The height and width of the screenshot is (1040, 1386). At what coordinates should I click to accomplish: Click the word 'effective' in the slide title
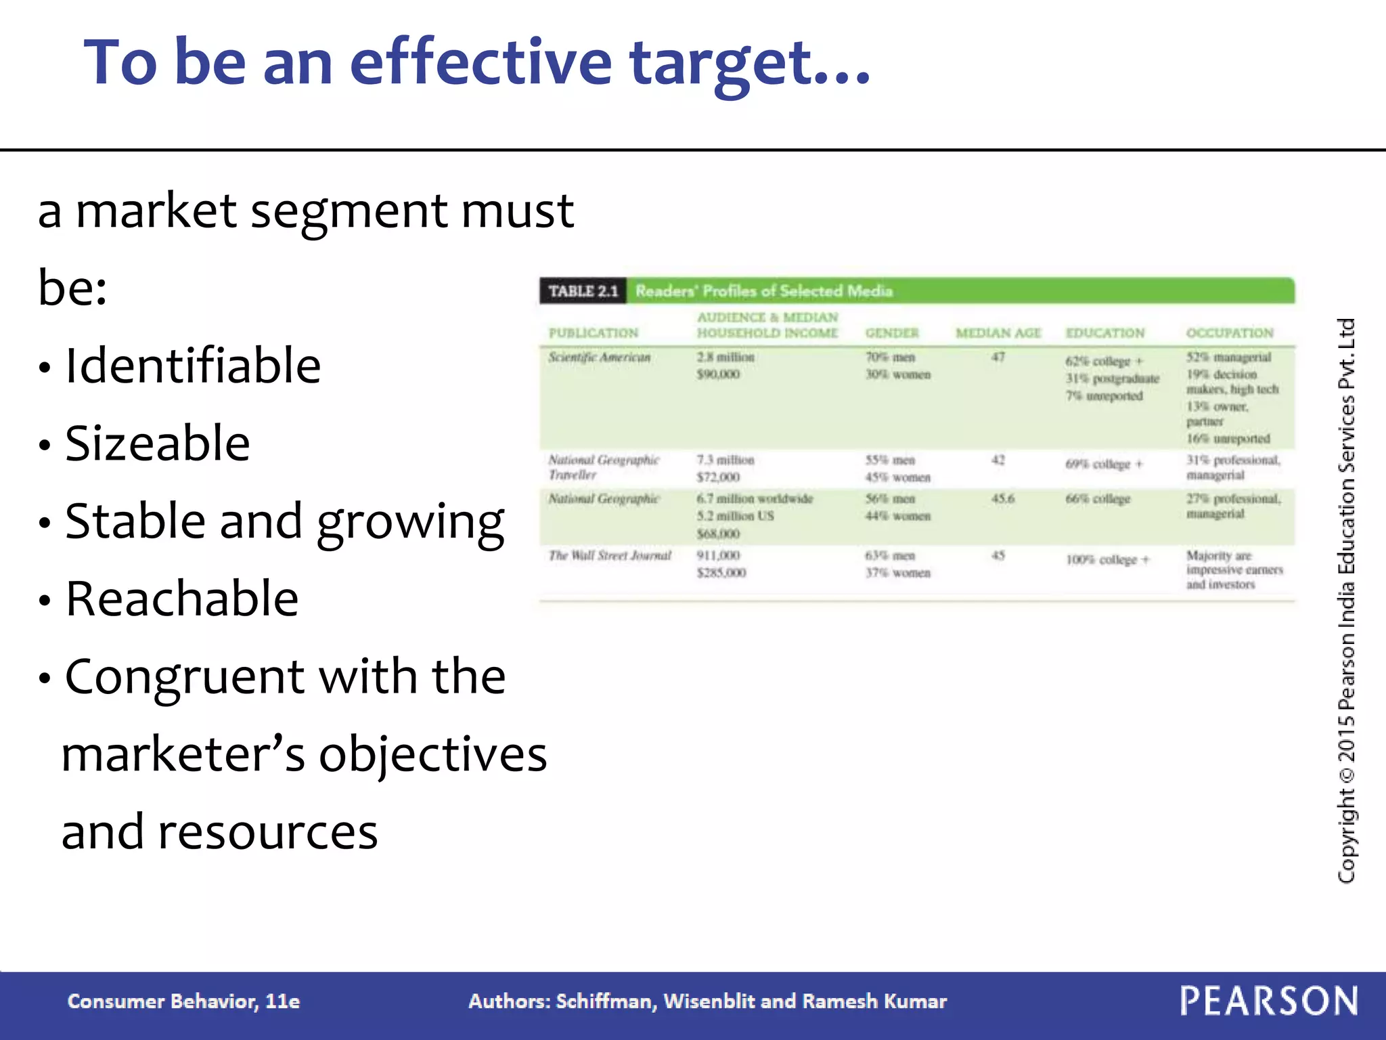click(x=480, y=62)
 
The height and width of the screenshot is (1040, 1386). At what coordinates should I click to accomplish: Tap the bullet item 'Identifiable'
click(x=193, y=366)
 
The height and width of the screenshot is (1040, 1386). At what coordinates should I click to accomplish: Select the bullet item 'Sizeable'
click(x=157, y=443)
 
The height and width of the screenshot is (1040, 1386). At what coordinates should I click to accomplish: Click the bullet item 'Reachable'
click(x=181, y=599)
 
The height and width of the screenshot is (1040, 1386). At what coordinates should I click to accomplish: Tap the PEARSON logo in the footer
click(x=1268, y=1001)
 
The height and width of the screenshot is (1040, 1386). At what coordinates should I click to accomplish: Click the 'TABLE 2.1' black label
click(x=583, y=291)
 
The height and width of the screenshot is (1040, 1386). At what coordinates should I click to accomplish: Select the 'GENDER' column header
click(x=892, y=333)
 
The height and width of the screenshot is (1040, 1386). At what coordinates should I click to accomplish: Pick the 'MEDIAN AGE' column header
click(x=998, y=333)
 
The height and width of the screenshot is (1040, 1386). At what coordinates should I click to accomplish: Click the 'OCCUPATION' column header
click(x=1230, y=333)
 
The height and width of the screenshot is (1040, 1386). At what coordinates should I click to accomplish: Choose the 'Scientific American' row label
click(x=599, y=357)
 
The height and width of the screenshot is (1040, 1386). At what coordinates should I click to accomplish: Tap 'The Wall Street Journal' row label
click(x=609, y=556)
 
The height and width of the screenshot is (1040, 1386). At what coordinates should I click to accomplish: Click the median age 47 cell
click(x=998, y=357)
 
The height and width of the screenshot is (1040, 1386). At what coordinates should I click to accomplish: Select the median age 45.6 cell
click(x=1002, y=499)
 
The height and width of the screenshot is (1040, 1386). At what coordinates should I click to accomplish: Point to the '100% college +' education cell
click(x=1107, y=560)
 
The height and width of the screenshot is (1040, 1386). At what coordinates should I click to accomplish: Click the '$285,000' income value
click(x=721, y=573)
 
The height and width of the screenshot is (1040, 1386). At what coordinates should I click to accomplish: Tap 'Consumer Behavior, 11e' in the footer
click(x=183, y=1001)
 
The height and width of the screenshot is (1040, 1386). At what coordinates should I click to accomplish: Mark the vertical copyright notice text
click(x=1345, y=600)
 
